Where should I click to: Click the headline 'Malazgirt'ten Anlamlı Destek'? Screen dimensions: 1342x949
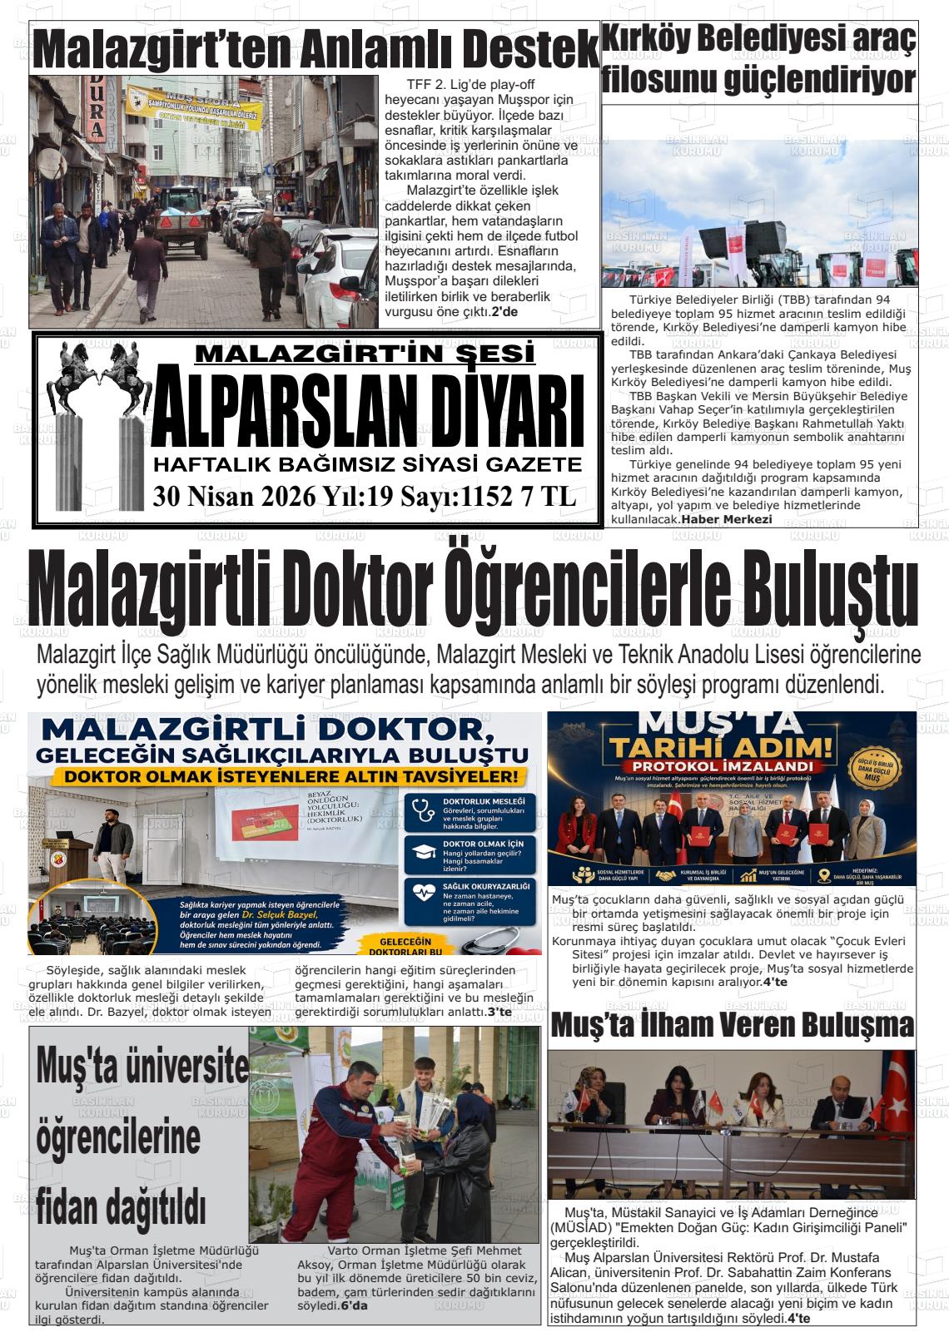coord(315,50)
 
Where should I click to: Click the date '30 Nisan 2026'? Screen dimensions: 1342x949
coord(234,497)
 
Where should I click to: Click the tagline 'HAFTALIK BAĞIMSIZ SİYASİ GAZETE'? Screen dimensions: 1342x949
coord(367,463)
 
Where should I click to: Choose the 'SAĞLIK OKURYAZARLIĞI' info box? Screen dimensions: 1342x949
coord(470,900)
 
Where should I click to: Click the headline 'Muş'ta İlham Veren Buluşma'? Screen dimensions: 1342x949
coord(732,1025)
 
